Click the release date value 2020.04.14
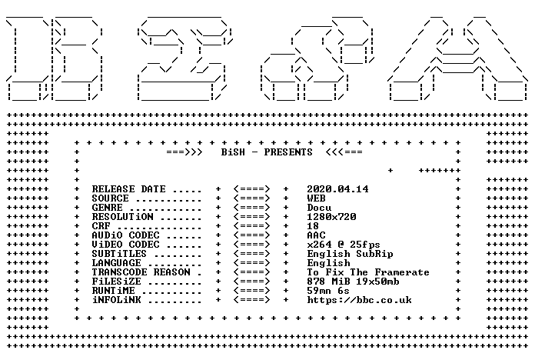pyautogui.click(x=337, y=189)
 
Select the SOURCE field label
pyautogui.click(x=110, y=198)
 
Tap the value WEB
pyautogui.click(x=316, y=198)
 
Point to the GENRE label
pyautogui.click(x=107, y=208)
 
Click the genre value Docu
pyautogui.click(x=319, y=208)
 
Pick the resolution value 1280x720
pyautogui.click(x=331, y=217)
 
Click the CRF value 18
pyautogui.click(x=313, y=226)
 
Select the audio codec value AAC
pyautogui.click(x=316, y=235)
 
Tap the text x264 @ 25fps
pyautogui.click(x=344, y=245)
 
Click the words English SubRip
pyautogui.click(x=350, y=254)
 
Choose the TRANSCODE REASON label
pyautogui.click(x=141, y=272)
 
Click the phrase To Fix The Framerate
pyautogui.click(x=368, y=272)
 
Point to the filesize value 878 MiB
pyautogui.click(x=328, y=282)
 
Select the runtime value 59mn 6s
pyautogui.click(x=328, y=291)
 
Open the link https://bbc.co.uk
pyautogui.click(x=359, y=300)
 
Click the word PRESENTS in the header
pyautogui.click(x=288, y=152)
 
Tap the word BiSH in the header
pyautogui.click(x=233, y=152)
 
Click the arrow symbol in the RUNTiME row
pyautogui.click(x=252, y=291)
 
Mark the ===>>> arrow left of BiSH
pyautogui.click(x=184, y=152)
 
